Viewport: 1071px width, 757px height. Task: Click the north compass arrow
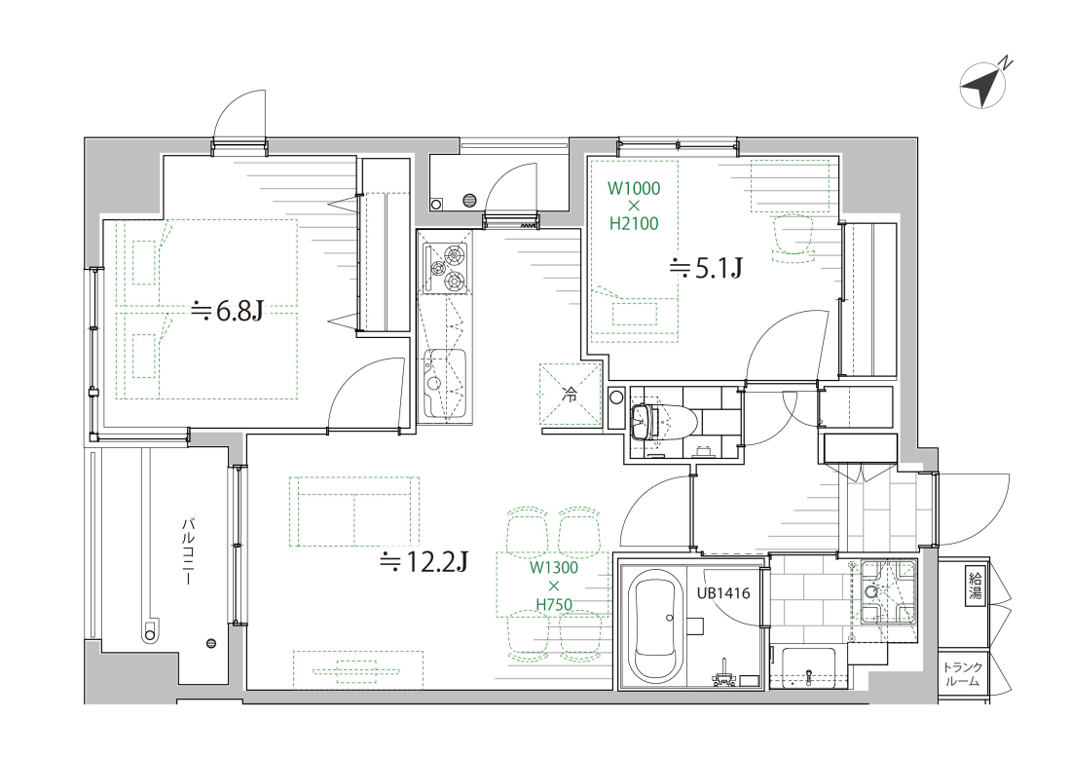[x=983, y=86]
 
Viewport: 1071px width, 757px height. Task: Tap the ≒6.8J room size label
[x=227, y=312]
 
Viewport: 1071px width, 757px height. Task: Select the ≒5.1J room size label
[x=706, y=269]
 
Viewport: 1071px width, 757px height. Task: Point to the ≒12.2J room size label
[x=424, y=562]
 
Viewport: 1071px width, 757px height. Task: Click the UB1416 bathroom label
[x=723, y=593]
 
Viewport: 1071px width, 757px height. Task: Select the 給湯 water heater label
[x=976, y=585]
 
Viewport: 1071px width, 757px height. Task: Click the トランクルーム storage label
[x=963, y=674]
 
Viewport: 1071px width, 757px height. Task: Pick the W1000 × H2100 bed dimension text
[x=634, y=205]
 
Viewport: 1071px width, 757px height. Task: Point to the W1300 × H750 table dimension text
[x=554, y=586]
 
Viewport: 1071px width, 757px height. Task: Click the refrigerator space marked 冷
[x=570, y=395]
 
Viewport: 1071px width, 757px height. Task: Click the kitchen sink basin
[x=445, y=383]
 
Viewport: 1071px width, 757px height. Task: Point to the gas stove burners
[x=445, y=267]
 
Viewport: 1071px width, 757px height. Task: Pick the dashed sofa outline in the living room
[x=354, y=511]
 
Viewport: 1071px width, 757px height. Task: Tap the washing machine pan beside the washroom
[x=887, y=591]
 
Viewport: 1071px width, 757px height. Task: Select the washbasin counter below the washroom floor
[x=809, y=667]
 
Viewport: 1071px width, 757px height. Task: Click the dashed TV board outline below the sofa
[x=358, y=669]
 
